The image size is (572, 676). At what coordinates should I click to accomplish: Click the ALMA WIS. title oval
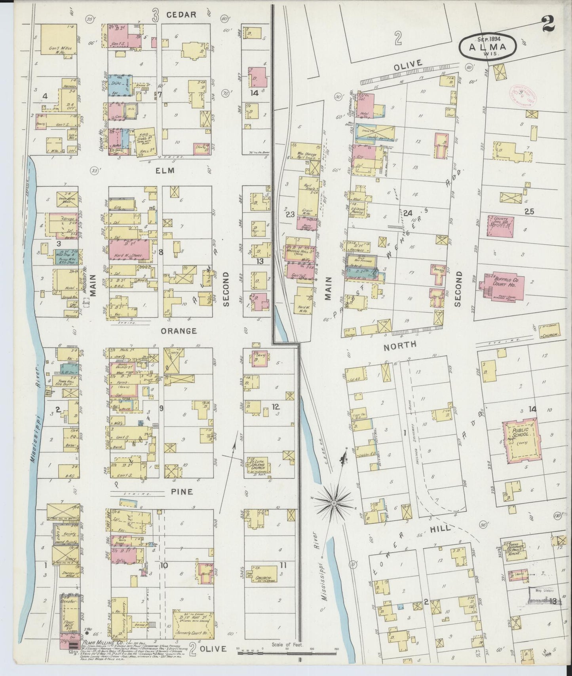[x=488, y=47]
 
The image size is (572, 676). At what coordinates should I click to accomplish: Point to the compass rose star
[x=333, y=502]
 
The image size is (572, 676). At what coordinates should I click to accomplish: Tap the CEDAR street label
[x=181, y=15]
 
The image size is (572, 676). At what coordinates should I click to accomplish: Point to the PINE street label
[x=182, y=492]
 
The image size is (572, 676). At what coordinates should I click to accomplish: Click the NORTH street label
[x=400, y=345]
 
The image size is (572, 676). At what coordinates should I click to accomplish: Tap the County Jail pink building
[x=501, y=226]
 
